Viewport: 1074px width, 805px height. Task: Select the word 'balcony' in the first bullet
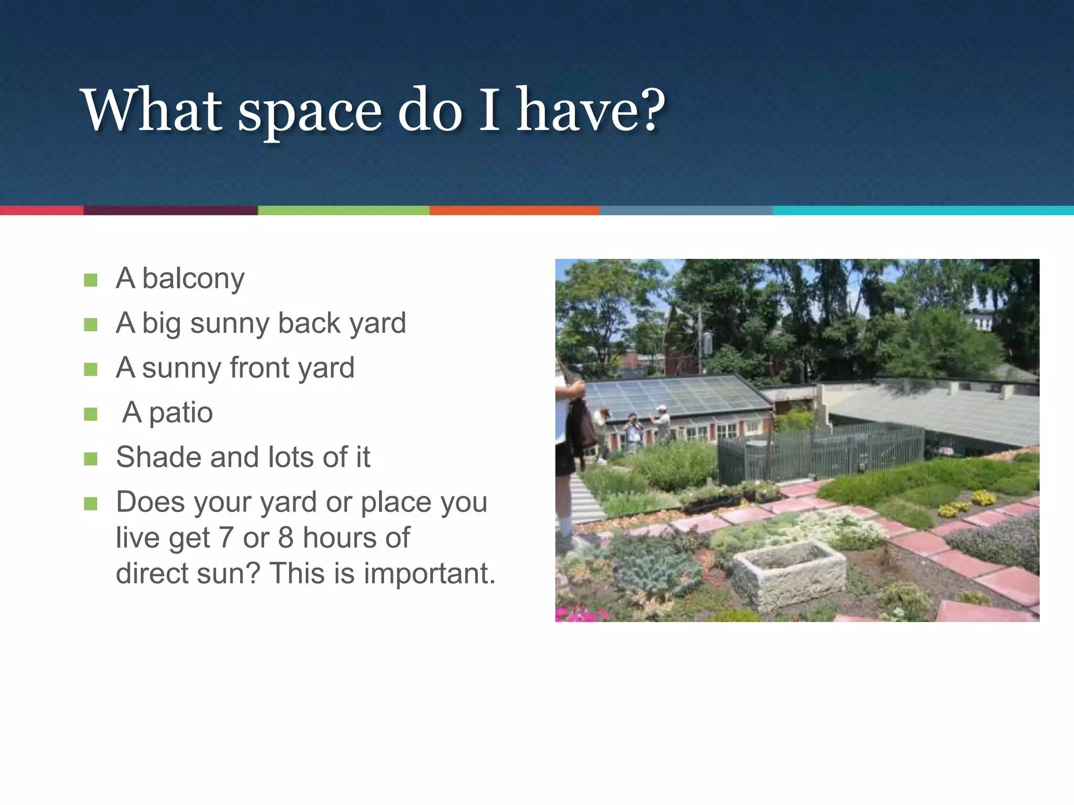(193, 279)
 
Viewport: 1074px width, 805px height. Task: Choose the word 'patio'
(181, 413)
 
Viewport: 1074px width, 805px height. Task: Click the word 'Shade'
(158, 457)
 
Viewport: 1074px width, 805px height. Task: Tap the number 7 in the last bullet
(225, 538)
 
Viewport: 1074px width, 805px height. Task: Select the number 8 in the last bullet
(286, 538)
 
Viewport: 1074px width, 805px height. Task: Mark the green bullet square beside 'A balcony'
(91, 280)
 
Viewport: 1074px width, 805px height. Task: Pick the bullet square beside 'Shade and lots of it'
(91, 459)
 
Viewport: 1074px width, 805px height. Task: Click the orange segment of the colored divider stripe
(514, 210)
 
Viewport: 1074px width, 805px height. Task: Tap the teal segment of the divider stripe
(923, 210)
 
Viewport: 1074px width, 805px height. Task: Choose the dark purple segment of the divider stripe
(170, 210)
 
